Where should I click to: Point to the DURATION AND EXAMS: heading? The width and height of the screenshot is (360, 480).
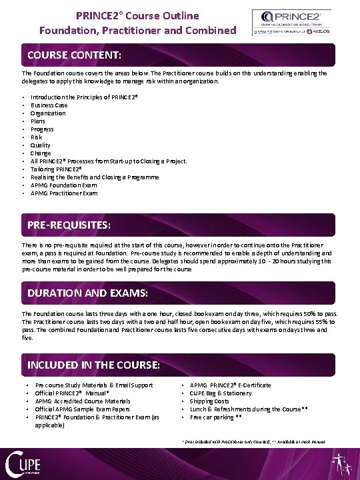(x=87, y=293)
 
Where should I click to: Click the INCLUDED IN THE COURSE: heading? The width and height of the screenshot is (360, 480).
(x=93, y=365)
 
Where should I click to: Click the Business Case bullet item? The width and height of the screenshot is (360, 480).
(x=49, y=105)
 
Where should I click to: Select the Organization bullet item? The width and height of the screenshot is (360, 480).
(x=48, y=113)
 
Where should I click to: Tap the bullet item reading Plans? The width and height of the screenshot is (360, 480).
(x=39, y=121)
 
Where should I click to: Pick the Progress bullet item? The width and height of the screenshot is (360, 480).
(x=42, y=129)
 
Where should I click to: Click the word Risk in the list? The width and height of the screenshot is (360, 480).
(x=37, y=137)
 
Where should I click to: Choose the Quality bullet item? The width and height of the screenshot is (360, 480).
(x=41, y=145)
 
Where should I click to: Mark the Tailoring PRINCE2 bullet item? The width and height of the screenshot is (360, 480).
(x=56, y=169)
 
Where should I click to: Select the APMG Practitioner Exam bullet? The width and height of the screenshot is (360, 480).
(x=64, y=193)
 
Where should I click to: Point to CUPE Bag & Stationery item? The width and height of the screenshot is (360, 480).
(x=221, y=393)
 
